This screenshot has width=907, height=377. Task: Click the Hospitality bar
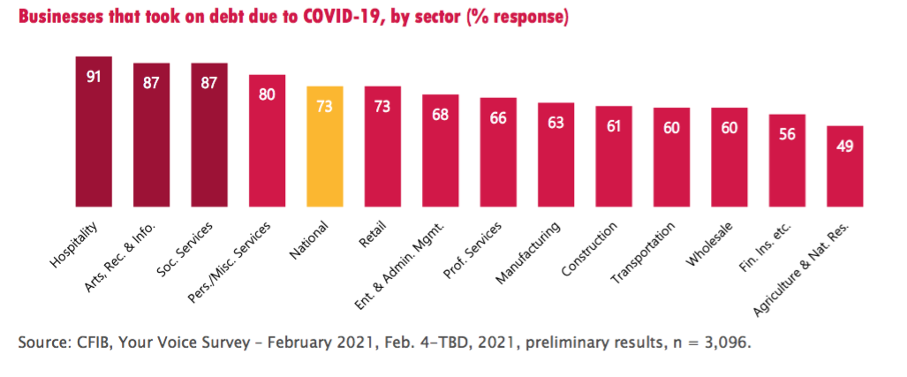tap(94, 132)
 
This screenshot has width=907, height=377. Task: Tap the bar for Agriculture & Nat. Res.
tap(844, 167)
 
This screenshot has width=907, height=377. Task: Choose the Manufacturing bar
tap(556, 155)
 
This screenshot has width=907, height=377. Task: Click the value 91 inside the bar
tap(94, 76)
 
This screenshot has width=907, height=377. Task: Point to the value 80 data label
tap(267, 94)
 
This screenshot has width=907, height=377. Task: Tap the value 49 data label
tap(844, 146)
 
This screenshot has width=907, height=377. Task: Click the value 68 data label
tap(440, 114)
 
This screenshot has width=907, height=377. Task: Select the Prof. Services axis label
tap(474, 249)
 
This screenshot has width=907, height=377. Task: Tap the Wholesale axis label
tap(711, 244)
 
